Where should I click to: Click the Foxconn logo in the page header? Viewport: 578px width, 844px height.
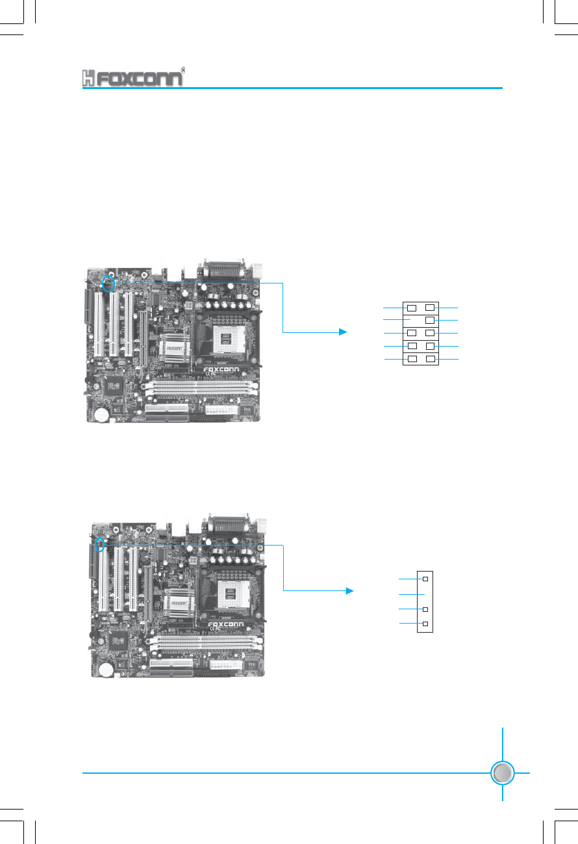[132, 77]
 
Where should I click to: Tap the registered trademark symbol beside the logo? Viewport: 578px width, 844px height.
[184, 70]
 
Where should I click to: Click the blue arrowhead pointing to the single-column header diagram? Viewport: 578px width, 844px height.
[349, 590]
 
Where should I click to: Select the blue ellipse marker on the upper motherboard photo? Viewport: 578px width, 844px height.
[110, 284]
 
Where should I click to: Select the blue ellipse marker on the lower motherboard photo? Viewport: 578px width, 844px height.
[99, 544]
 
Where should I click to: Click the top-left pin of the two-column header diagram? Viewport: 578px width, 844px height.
[412, 306]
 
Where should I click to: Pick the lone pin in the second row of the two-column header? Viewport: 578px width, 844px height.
[430, 320]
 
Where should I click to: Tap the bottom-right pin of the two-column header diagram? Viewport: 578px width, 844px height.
[430, 359]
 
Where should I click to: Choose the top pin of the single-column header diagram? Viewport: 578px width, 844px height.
[425, 578]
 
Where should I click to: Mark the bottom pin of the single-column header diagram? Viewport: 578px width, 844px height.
[425, 624]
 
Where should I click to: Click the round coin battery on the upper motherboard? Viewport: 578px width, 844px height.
[102, 414]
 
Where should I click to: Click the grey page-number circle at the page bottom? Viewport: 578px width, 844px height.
[503, 773]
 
